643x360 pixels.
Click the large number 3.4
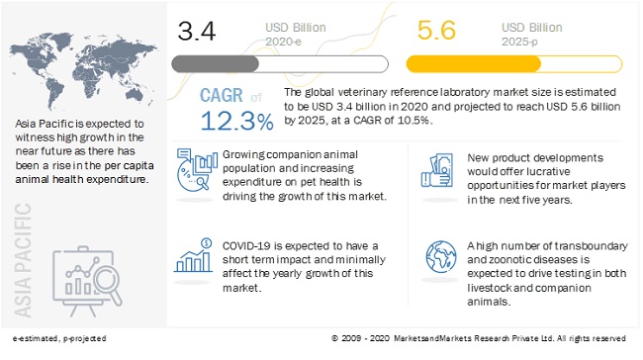coord(197,31)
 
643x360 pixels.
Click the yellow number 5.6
coord(436,30)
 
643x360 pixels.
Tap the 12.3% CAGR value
coord(236,122)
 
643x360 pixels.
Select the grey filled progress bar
coord(216,64)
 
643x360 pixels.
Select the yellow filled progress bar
coord(474,64)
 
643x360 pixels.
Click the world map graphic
coord(83,70)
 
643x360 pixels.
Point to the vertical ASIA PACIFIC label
coord(23,260)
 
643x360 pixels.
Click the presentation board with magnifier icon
coord(87,281)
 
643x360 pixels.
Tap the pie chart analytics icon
coord(197,170)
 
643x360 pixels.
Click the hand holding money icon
coord(436,170)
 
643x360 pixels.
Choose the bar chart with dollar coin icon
coord(193,256)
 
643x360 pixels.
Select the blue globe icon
coord(441,257)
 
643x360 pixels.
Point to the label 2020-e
coord(283,42)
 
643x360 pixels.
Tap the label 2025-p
coord(519,42)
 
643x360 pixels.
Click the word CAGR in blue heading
coord(221,96)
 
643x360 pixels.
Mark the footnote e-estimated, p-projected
coord(59,338)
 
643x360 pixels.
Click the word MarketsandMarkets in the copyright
coord(432,338)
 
